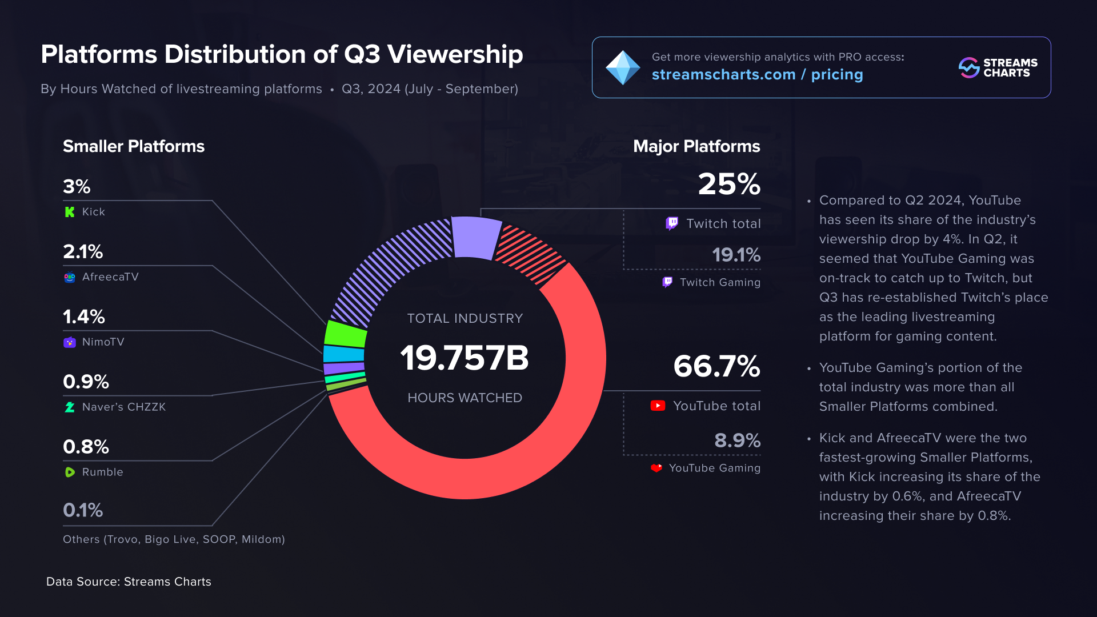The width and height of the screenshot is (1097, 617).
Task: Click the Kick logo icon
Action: click(70, 212)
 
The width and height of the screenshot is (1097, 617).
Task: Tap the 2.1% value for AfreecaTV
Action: click(83, 252)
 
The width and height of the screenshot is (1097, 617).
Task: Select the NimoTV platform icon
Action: click(70, 342)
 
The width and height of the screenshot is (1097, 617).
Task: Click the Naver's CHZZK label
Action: click(123, 407)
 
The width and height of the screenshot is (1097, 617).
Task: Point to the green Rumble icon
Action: click(70, 472)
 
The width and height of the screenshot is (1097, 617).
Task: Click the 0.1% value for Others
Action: click(83, 510)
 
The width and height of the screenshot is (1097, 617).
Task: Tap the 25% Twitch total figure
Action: click(728, 185)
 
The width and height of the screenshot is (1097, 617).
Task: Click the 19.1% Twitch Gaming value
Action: click(736, 255)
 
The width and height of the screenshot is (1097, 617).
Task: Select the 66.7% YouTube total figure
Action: click(716, 366)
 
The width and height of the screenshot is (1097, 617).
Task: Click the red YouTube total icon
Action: click(658, 406)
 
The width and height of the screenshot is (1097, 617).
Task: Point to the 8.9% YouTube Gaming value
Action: click(737, 440)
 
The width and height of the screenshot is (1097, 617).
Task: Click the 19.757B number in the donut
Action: click(465, 358)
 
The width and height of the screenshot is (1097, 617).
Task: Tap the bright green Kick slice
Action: click(345, 335)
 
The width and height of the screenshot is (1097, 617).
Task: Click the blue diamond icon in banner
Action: click(622, 68)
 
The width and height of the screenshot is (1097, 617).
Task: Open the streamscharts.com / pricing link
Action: click(757, 75)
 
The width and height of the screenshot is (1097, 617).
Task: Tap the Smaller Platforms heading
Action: click(133, 147)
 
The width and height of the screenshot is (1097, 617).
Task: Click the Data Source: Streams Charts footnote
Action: click(129, 582)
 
